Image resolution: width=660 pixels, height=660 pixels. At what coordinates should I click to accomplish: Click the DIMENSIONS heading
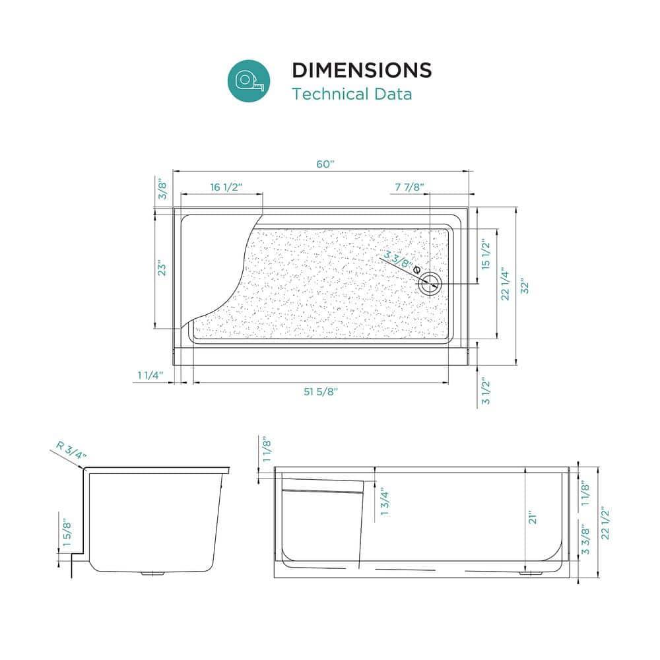coord(362,70)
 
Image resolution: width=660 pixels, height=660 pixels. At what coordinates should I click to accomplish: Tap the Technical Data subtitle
coord(352,94)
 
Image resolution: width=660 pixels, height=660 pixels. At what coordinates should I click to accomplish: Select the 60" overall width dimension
coord(322,164)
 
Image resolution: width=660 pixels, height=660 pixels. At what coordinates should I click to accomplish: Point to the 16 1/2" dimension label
coord(227,187)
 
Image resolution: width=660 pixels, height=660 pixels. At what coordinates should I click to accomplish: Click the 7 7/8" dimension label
coord(409,187)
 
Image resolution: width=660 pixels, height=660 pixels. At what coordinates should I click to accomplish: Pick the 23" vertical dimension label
coord(161,269)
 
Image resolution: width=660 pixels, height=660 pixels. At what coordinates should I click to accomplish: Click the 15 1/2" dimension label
coord(486,255)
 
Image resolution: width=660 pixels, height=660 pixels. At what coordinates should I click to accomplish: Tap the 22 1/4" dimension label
coord(505,284)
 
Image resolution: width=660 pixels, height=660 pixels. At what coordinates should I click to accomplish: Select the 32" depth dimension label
coord(525,285)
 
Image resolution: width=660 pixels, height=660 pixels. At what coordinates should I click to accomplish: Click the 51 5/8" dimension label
coord(321,391)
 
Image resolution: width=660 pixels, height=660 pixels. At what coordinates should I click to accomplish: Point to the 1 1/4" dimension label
coord(150,376)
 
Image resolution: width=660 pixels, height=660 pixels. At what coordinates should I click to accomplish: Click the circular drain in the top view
coord(430,284)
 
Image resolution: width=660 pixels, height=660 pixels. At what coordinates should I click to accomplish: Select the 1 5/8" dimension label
coord(66,530)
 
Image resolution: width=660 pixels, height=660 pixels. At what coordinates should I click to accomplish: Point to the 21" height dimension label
coord(533,518)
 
